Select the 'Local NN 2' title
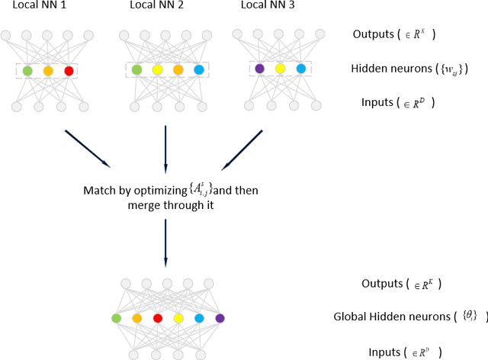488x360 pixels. point(156,6)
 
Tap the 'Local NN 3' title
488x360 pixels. point(266,6)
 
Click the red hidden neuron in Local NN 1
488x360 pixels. point(69,71)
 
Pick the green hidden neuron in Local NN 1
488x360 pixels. point(27,71)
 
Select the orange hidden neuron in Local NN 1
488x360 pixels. point(48,71)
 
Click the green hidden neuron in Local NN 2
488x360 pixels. point(136,70)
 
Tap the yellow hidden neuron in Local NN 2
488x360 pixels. point(157,70)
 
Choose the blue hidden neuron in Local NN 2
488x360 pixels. point(198,70)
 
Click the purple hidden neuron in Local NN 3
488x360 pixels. point(260,69)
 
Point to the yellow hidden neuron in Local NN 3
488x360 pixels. point(281,69)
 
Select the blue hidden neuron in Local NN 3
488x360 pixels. point(300,69)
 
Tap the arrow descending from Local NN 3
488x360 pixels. point(242,149)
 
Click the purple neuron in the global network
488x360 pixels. point(220,318)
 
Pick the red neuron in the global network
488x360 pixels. point(158,318)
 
